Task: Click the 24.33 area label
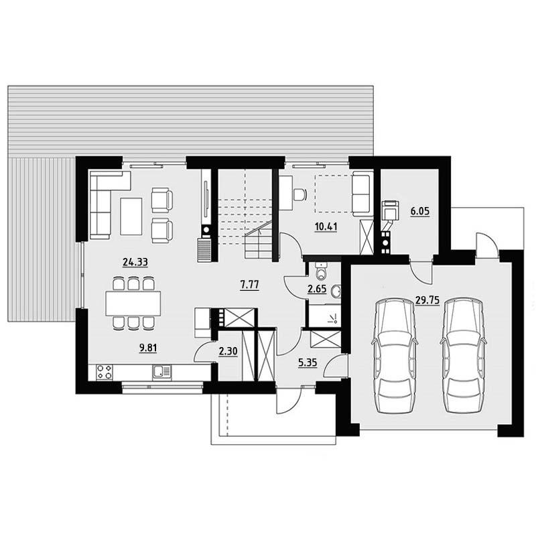135,262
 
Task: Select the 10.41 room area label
326,226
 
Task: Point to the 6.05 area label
420,211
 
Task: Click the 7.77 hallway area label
249,284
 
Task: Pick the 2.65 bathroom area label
317,289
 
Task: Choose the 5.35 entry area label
308,362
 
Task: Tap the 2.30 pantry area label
228,351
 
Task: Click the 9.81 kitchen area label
148,348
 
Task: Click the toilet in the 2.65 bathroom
322,272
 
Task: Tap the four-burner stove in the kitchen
105,372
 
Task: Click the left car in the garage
395,356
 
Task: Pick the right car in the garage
464,356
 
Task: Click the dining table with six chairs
133,304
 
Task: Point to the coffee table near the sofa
131,216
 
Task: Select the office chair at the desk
299,194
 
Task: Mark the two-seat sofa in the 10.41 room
362,194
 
